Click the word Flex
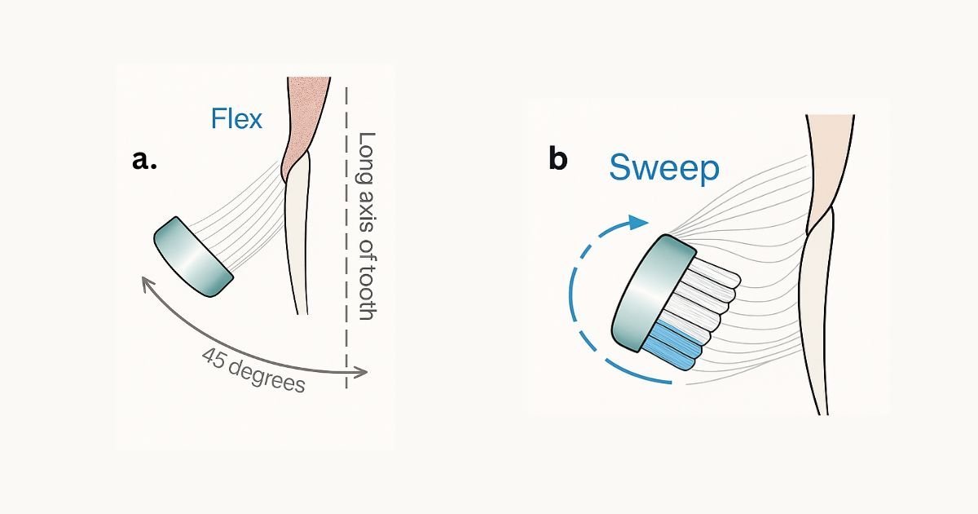[x=236, y=119]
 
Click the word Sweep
[x=663, y=168]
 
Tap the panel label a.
[x=143, y=160]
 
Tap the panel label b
[x=557, y=159]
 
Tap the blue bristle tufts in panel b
[x=676, y=347]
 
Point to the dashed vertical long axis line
[x=347, y=245]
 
